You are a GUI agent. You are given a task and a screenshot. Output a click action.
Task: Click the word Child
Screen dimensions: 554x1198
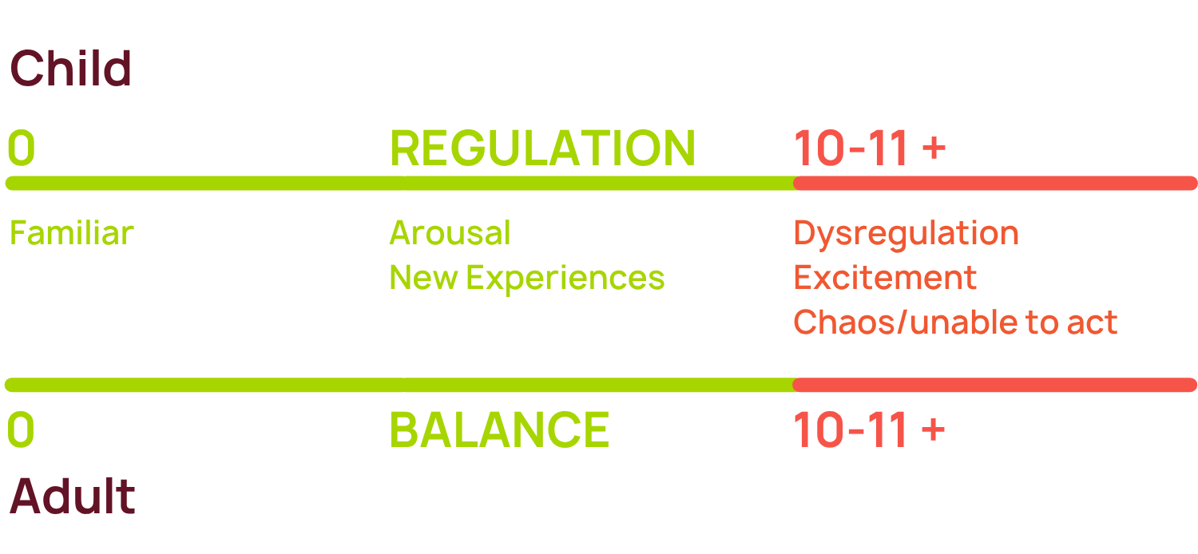click(70, 69)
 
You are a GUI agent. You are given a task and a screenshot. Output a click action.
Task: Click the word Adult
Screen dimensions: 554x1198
click(72, 497)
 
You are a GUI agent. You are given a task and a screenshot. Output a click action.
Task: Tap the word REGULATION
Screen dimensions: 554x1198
click(542, 148)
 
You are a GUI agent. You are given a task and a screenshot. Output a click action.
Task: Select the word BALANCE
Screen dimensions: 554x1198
click(499, 430)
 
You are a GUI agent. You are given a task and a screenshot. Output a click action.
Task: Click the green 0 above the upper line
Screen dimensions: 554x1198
click(21, 148)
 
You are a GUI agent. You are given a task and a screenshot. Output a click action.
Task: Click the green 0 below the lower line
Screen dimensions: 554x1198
click(21, 430)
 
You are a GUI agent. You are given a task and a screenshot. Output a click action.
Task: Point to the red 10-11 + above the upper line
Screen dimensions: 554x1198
click(869, 148)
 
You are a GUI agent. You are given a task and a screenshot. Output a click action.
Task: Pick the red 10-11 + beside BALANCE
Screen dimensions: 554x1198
click(869, 430)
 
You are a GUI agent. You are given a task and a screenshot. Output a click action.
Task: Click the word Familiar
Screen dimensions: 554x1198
click(71, 233)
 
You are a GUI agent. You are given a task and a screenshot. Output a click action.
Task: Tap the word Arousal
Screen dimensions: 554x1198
click(450, 233)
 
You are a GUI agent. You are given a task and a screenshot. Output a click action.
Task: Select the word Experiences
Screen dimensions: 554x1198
click(565, 278)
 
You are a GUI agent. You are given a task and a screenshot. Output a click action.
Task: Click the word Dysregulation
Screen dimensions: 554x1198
click(906, 233)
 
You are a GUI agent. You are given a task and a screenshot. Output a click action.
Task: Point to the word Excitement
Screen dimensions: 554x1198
click(885, 278)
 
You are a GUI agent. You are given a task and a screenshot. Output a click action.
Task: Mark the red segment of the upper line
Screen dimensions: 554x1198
click(994, 184)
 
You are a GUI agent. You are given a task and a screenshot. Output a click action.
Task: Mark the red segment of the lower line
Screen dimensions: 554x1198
click(994, 386)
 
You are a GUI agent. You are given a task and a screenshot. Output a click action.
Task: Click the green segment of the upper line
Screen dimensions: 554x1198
click(399, 184)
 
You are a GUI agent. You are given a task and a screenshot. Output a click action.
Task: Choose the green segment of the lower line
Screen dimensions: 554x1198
click(399, 386)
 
